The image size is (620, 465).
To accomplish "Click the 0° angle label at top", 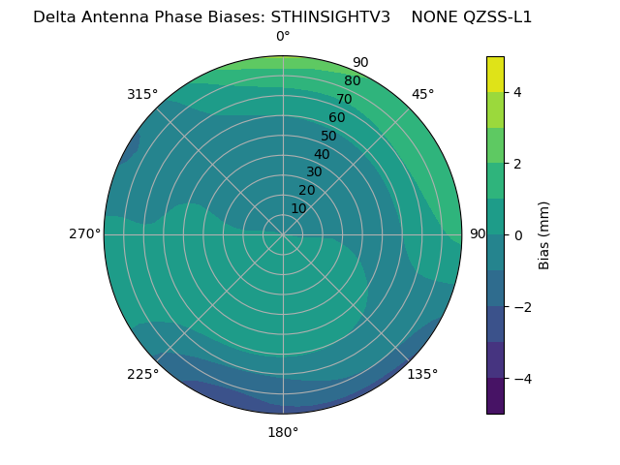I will (x=283, y=37).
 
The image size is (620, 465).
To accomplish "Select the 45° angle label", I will (x=422, y=94).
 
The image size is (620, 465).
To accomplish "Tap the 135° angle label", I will (x=422, y=374).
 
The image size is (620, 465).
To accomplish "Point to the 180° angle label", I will (x=283, y=432).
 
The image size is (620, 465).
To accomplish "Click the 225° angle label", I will (x=142, y=374).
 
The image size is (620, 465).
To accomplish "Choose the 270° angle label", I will (x=84, y=233).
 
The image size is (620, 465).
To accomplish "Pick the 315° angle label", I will (x=142, y=94).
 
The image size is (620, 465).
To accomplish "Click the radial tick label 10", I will (x=298, y=208).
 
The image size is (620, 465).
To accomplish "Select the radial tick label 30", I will (x=314, y=172).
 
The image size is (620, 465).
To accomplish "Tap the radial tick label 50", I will (x=329, y=136).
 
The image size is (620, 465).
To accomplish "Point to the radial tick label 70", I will (x=345, y=99).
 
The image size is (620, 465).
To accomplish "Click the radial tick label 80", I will (x=353, y=81).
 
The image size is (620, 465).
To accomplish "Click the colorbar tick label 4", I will (x=517, y=92).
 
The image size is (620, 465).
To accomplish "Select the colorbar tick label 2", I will (x=517, y=164).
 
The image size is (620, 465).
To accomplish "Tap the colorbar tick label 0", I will (x=517, y=235).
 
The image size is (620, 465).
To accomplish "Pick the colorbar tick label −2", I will (x=520, y=307).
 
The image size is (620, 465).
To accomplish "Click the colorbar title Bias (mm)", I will (x=544, y=234).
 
